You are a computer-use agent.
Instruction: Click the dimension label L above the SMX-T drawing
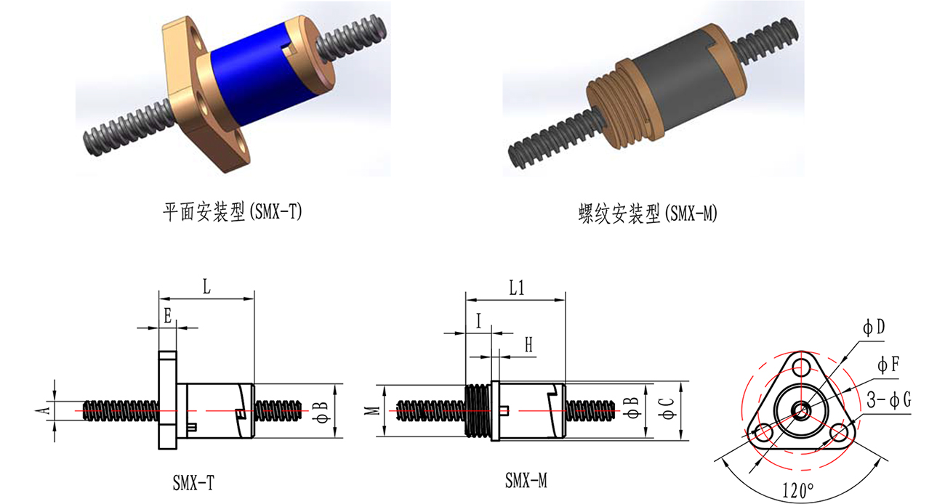point(206,287)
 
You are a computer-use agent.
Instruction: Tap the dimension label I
point(478,320)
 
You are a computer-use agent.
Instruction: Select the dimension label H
point(528,346)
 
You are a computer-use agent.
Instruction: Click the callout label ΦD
point(874,328)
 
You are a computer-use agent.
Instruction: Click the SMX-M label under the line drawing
point(526,480)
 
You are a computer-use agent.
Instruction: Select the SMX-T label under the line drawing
point(193,481)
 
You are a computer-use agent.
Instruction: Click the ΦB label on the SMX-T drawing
point(324,411)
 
